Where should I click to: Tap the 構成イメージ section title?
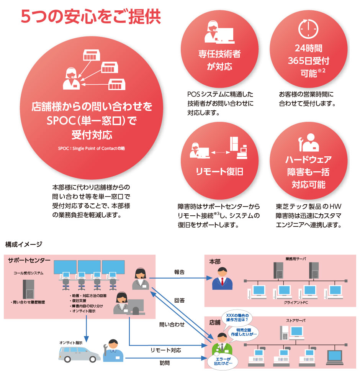24,244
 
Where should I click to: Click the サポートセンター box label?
29,261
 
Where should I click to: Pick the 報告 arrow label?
179,272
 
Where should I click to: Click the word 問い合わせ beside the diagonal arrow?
172,325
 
